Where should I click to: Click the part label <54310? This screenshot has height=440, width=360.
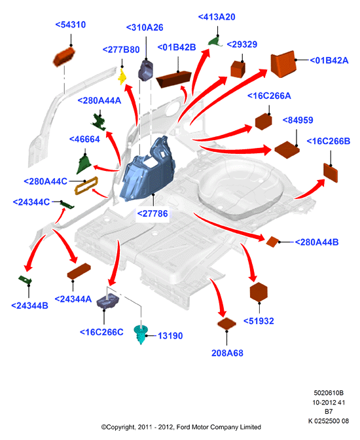tap(71, 25)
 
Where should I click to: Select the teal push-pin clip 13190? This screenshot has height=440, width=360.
tap(141, 334)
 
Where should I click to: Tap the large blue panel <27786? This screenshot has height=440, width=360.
tap(148, 168)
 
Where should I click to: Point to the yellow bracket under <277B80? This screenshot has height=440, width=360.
tap(122, 77)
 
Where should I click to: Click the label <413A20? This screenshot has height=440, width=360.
tap(217, 17)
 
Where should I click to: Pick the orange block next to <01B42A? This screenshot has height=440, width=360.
tap(283, 64)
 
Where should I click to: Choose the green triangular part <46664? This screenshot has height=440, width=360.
tap(84, 164)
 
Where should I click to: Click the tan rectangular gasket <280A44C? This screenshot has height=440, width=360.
tap(86, 185)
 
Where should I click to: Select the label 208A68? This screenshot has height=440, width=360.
tap(227, 353)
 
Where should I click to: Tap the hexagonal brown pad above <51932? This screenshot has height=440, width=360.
tap(259, 292)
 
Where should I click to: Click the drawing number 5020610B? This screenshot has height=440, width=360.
tap(329, 393)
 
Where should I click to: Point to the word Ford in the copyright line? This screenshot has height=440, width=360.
tap(183, 427)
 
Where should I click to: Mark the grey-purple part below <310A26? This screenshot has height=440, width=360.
tap(145, 70)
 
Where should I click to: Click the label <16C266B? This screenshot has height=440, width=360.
tap(329, 141)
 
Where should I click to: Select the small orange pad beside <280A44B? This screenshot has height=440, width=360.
tap(272, 242)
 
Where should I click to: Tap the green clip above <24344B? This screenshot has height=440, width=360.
tap(25, 280)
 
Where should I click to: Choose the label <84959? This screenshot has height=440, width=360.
tap(298, 120)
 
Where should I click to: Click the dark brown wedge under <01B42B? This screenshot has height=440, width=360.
tap(173, 79)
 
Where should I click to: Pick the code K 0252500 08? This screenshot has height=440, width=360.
tap(329, 421)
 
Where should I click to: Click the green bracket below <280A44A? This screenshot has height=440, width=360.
tap(99, 122)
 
